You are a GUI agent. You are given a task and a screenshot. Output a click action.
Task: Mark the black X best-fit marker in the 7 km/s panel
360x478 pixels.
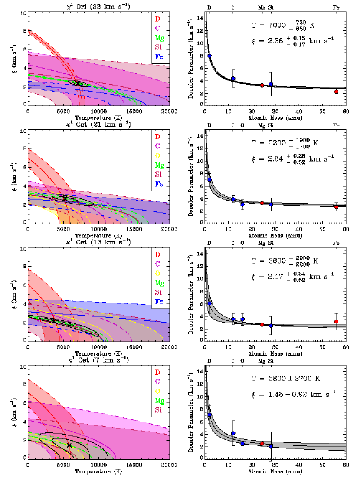coord(69,445)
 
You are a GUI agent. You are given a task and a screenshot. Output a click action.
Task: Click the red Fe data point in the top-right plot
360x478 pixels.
coord(336,92)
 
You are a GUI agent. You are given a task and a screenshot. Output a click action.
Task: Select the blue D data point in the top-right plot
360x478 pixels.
coord(209,56)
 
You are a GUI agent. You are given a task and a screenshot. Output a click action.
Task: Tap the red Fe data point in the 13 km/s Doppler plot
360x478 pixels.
coord(336,322)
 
